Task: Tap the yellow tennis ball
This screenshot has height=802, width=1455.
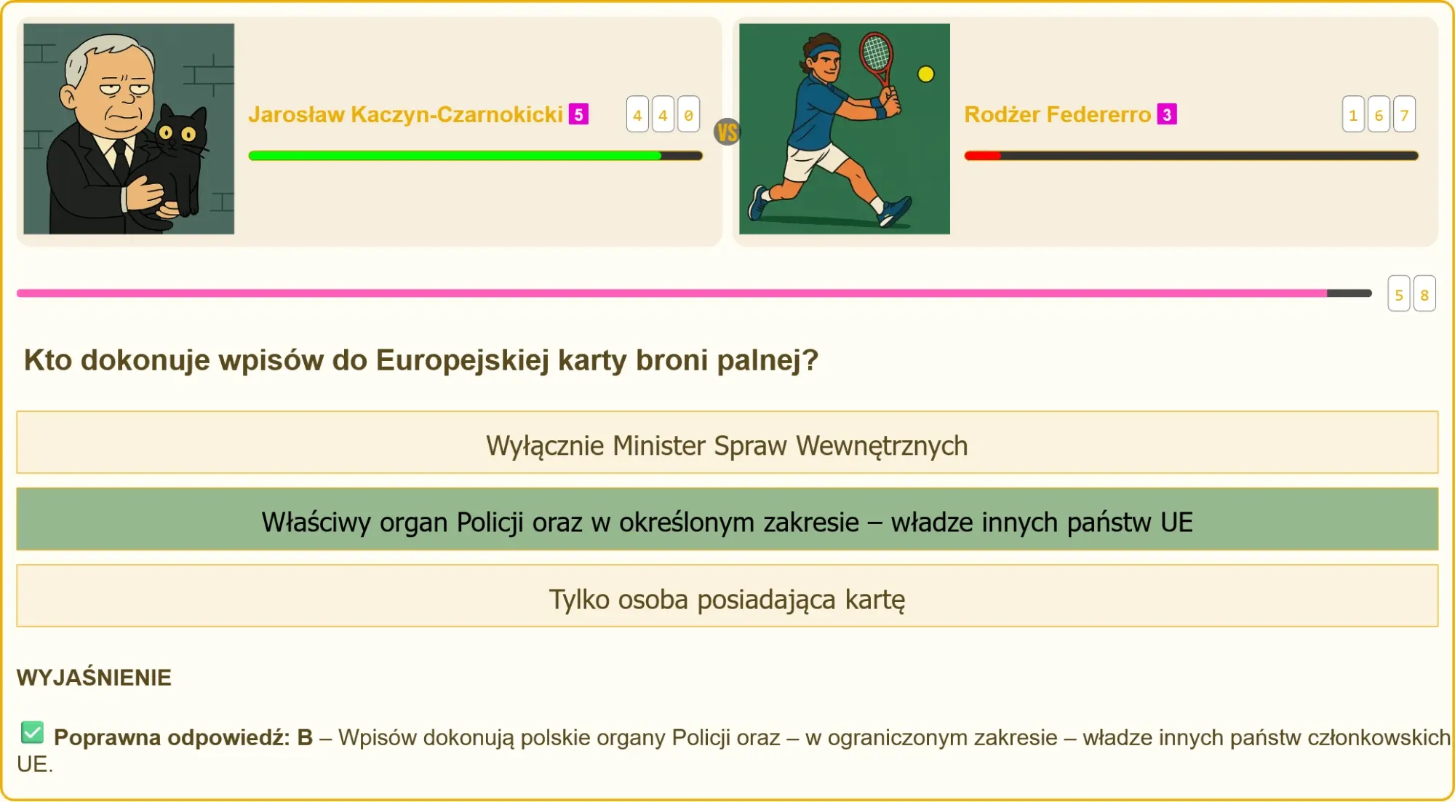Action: (925, 74)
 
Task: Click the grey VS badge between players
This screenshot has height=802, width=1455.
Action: (727, 132)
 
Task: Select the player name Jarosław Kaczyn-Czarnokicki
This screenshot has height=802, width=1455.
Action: (405, 114)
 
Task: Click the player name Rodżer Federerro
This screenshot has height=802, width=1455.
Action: (1057, 114)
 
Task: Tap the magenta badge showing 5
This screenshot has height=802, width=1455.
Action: (578, 114)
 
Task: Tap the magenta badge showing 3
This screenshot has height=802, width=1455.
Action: (1167, 114)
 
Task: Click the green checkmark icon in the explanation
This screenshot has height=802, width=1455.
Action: (33, 733)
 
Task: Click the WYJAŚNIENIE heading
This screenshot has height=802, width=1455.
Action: (94, 678)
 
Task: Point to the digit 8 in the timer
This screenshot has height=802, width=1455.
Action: (1424, 294)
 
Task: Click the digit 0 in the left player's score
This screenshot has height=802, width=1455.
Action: (688, 114)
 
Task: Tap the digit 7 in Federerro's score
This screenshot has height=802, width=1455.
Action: (1404, 114)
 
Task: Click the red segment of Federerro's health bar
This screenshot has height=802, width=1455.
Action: (983, 156)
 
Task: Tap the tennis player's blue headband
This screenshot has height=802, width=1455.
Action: (824, 52)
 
